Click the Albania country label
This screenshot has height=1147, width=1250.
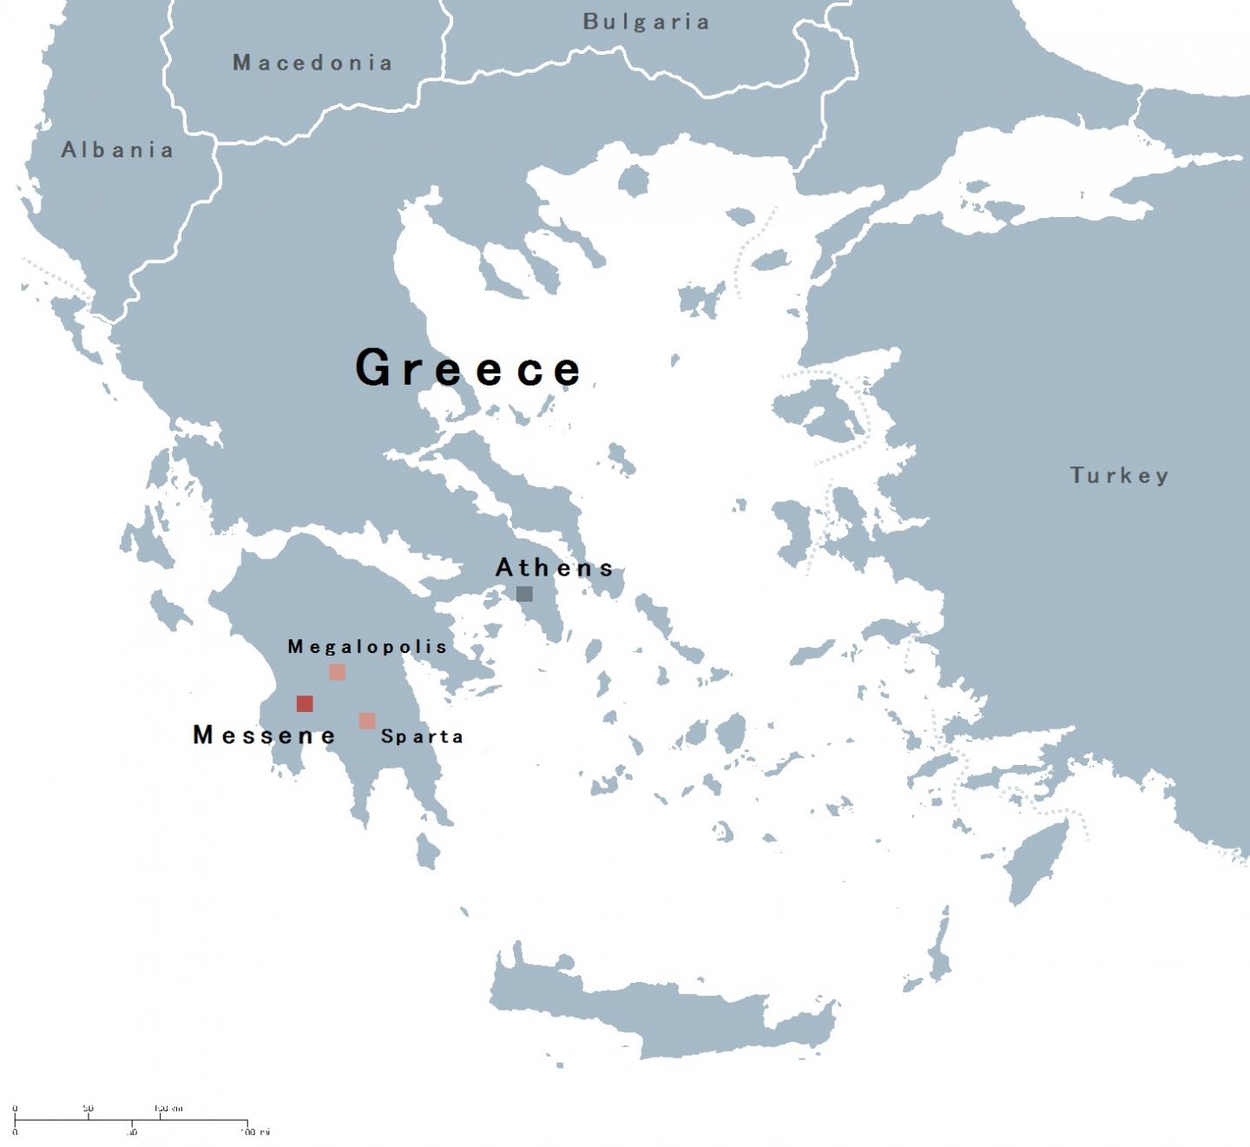pos(117,150)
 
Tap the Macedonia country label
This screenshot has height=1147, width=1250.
pos(312,63)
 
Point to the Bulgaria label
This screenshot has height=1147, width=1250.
pos(646,22)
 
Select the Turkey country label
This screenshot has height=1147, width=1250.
pos(1119,475)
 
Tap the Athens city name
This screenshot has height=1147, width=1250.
pos(555,568)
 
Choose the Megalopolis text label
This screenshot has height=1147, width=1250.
pos(367,646)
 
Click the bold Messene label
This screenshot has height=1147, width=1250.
pos(264,735)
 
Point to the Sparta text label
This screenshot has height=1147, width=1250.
pos(422,736)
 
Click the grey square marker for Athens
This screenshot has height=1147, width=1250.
pos(524,594)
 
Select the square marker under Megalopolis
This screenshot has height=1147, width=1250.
pos(337,672)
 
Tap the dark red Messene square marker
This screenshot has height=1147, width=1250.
pos(305,703)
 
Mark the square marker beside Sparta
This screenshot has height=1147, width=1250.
pos(367,721)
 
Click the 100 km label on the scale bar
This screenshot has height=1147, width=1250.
pos(168,1109)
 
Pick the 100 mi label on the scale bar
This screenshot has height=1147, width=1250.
pos(255,1132)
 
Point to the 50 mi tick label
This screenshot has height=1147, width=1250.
pos(131,1132)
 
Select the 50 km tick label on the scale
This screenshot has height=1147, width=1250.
pos(89,1109)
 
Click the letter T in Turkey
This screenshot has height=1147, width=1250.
pos(1076,475)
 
